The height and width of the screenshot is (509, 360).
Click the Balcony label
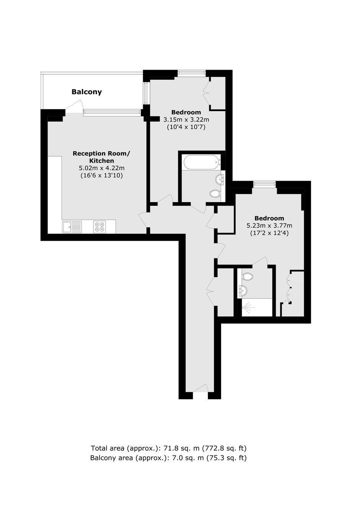(x=87, y=92)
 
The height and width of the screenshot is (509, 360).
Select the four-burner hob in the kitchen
(x=100, y=227)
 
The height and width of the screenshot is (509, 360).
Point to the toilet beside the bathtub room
(x=215, y=193)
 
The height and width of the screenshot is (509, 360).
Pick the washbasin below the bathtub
(x=219, y=178)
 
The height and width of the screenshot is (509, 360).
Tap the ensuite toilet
(x=247, y=276)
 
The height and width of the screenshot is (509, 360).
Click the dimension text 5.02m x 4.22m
(x=101, y=169)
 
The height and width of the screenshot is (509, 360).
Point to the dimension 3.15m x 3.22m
(x=186, y=119)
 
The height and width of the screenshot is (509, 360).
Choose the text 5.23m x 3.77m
(x=269, y=226)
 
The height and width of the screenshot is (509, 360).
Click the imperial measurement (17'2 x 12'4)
(x=269, y=233)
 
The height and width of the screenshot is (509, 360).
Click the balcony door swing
(x=75, y=106)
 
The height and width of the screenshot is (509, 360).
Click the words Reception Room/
(x=101, y=154)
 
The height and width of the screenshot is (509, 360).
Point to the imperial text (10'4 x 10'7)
(x=186, y=127)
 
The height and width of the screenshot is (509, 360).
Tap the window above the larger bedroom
(x=264, y=183)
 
